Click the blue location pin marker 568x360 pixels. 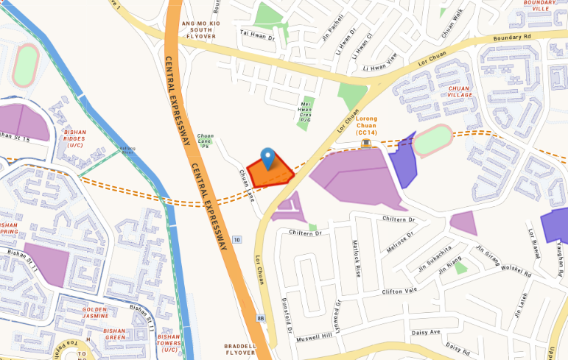coord(267,158)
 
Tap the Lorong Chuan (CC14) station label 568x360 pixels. coord(366,125)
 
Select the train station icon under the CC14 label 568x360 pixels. coord(366,142)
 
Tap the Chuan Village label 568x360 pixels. coord(460,91)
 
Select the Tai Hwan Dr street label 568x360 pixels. coord(257,34)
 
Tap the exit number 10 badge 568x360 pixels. coord(236,240)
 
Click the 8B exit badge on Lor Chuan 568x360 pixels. coord(261,318)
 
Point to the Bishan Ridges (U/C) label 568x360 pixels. coord(75,138)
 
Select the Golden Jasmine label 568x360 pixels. coord(96,312)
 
